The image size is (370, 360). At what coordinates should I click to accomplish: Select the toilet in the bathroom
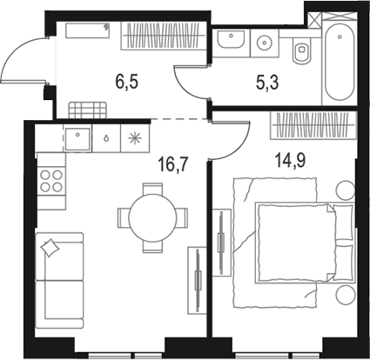tap(302, 54)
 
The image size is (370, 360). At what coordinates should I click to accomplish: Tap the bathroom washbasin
tap(232, 40)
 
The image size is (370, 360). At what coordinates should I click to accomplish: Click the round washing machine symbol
tap(263, 39)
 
